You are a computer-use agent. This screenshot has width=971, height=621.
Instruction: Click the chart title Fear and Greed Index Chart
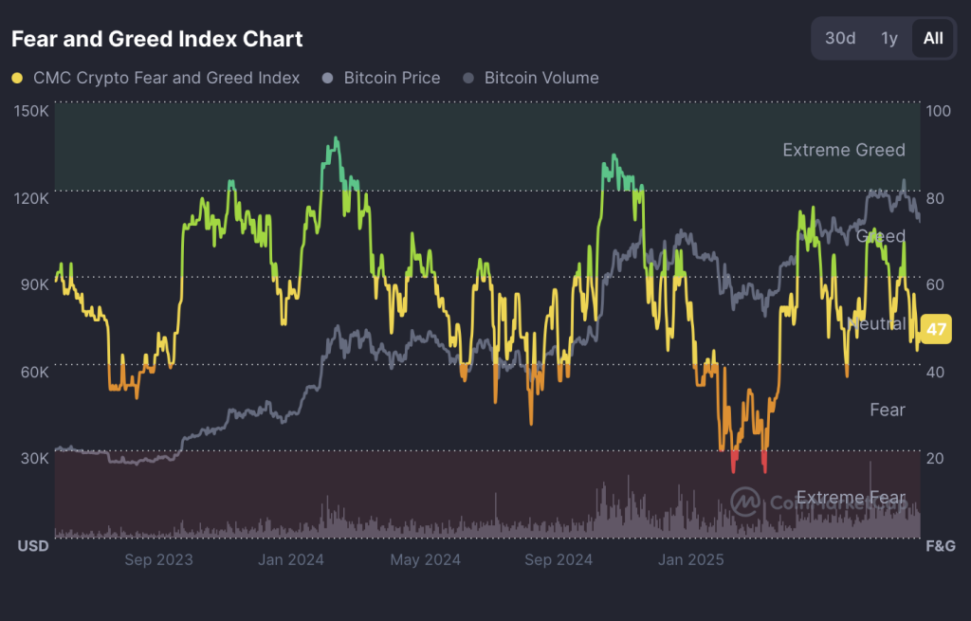(156, 39)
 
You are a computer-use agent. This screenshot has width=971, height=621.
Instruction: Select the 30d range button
(840, 38)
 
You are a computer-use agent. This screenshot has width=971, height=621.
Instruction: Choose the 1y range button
(889, 38)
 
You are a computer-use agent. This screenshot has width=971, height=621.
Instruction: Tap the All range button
(933, 38)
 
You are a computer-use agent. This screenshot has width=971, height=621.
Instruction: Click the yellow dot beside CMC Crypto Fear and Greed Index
(17, 78)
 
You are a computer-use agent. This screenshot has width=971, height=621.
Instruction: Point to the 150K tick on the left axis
(32, 111)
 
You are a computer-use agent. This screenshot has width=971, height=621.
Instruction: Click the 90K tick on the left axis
(34, 284)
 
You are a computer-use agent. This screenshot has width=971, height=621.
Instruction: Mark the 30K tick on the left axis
(34, 458)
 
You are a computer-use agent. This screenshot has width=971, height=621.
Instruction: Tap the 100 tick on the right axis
(938, 111)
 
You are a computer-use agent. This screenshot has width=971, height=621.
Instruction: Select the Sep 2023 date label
(158, 559)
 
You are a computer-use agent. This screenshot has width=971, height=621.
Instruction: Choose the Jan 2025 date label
(690, 559)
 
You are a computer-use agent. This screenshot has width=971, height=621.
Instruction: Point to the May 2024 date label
(425, 559)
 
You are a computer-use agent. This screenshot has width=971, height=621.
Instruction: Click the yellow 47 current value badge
(937, 330)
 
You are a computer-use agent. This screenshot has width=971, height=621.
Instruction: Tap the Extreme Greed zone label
(843, 150)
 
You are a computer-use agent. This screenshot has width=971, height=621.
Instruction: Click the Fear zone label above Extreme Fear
(887, 410)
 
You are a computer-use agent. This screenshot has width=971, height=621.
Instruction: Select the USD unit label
(33, 546)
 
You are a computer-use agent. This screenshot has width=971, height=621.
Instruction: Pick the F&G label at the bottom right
(940, 546)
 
